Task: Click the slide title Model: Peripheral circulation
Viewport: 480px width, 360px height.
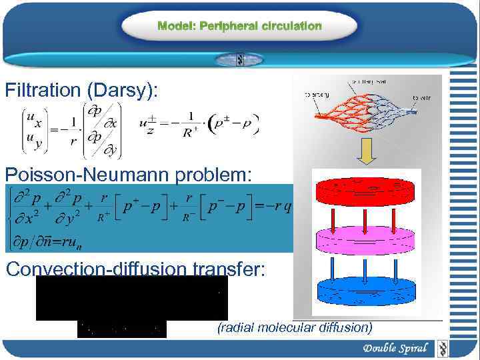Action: pyautogui.click(x=239, y=26)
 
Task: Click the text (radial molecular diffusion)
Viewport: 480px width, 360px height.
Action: pyautogui.click(x=295, y=327)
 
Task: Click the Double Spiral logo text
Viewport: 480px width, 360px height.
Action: pyautogui.click(x=395, y=348)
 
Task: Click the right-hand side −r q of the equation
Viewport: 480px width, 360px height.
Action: pyautogui.click(x=278, y=207)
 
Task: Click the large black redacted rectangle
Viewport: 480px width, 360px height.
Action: pyautogui.click(x=131, y=298)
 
